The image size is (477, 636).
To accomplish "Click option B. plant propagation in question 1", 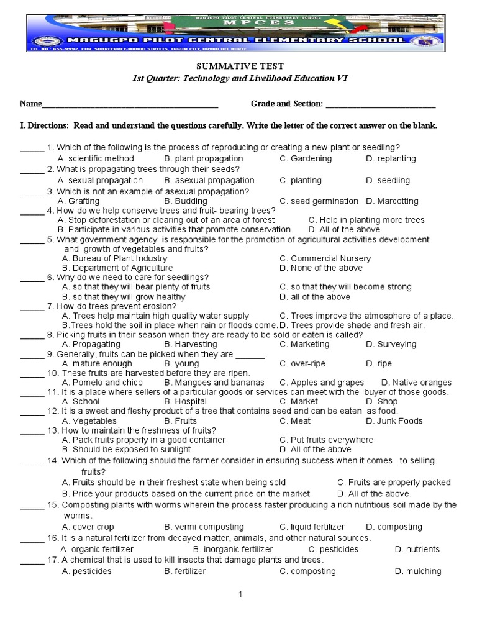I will point(203,158).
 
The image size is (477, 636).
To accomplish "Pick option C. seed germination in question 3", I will point(319,201).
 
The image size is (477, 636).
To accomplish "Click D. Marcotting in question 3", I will point(392,201).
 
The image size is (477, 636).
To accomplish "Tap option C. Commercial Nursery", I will point(325,258).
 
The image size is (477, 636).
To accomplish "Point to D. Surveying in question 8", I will point(391,344).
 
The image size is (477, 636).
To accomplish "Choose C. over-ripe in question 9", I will point(302,363).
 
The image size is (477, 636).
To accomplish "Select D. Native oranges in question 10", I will point(416,383).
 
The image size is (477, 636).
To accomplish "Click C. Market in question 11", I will point(299,402).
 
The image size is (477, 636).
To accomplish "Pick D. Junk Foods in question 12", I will point(394,421).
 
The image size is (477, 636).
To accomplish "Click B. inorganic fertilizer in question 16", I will point(233,549).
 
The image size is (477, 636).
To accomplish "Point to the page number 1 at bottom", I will point(240,594).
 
